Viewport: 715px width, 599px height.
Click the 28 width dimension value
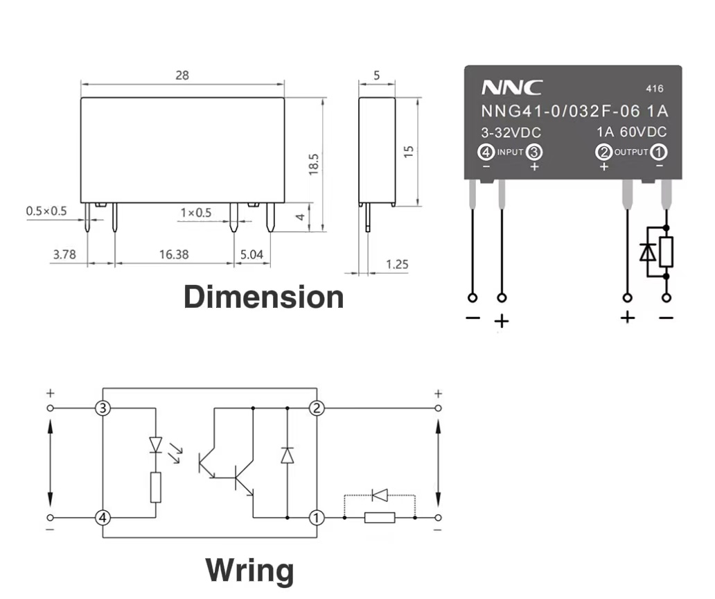pos(182,75)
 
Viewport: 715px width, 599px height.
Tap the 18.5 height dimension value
pos(313,165)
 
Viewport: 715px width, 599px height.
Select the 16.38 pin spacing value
pos(173,254)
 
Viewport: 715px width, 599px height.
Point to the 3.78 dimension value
pos(64,254)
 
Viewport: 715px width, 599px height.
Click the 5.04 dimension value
pos(251,254)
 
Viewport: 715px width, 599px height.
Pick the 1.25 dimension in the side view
pos(397,264)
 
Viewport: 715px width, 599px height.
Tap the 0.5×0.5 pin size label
pos(46,211)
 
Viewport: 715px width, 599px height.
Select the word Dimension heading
pos(263,297)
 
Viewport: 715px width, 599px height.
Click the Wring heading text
pos(249,571)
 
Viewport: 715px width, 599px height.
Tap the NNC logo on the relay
pos(512,88)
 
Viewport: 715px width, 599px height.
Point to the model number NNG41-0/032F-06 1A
pos(574,112)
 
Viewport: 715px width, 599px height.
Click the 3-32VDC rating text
pos(511,132)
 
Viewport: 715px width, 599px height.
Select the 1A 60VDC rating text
pos(631,132)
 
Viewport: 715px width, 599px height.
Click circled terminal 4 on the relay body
pos(487,152)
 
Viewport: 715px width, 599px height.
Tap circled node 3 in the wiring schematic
pos(103,408)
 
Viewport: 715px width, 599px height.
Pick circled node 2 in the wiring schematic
pos(317,408)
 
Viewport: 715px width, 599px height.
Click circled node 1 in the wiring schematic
pos(317,517)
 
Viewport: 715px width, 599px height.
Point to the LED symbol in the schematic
pos(156,443)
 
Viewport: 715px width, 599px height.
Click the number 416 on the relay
pos(654,89)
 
